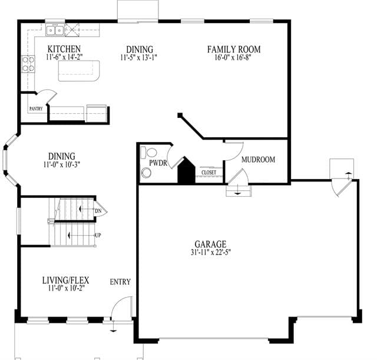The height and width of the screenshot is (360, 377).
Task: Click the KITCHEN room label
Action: coord(64,49)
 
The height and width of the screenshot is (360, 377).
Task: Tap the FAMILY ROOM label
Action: coord(234,49)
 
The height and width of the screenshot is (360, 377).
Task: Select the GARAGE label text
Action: coord(210,244)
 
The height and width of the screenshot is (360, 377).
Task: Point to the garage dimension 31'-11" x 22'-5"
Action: coord(211,252)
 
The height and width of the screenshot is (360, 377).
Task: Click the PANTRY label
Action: coord(36,108)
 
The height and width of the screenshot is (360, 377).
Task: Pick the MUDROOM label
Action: coord(258,160)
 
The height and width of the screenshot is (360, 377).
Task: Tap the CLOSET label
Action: coord(209,173)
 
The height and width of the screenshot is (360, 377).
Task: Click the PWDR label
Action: coord(158,163)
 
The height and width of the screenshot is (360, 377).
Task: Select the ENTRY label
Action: coord(120,282)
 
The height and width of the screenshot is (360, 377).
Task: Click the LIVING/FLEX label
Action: coord(65,280)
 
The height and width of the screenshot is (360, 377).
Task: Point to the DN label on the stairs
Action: coord(98,211)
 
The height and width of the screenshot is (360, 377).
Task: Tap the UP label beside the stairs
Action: coord(98,235)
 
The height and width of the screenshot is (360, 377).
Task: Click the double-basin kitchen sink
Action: coord(55,30)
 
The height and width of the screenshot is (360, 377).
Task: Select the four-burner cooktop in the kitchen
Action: coord(28,64)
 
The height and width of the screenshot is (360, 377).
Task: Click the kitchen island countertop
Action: coord(79,71)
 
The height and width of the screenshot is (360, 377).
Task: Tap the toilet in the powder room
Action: coord(149,153)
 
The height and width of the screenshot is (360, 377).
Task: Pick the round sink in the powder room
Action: coord(146,173)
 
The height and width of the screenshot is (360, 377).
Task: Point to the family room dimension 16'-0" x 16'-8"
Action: coord(233,58)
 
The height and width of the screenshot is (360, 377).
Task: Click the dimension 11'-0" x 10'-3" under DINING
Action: coord(61,165)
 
